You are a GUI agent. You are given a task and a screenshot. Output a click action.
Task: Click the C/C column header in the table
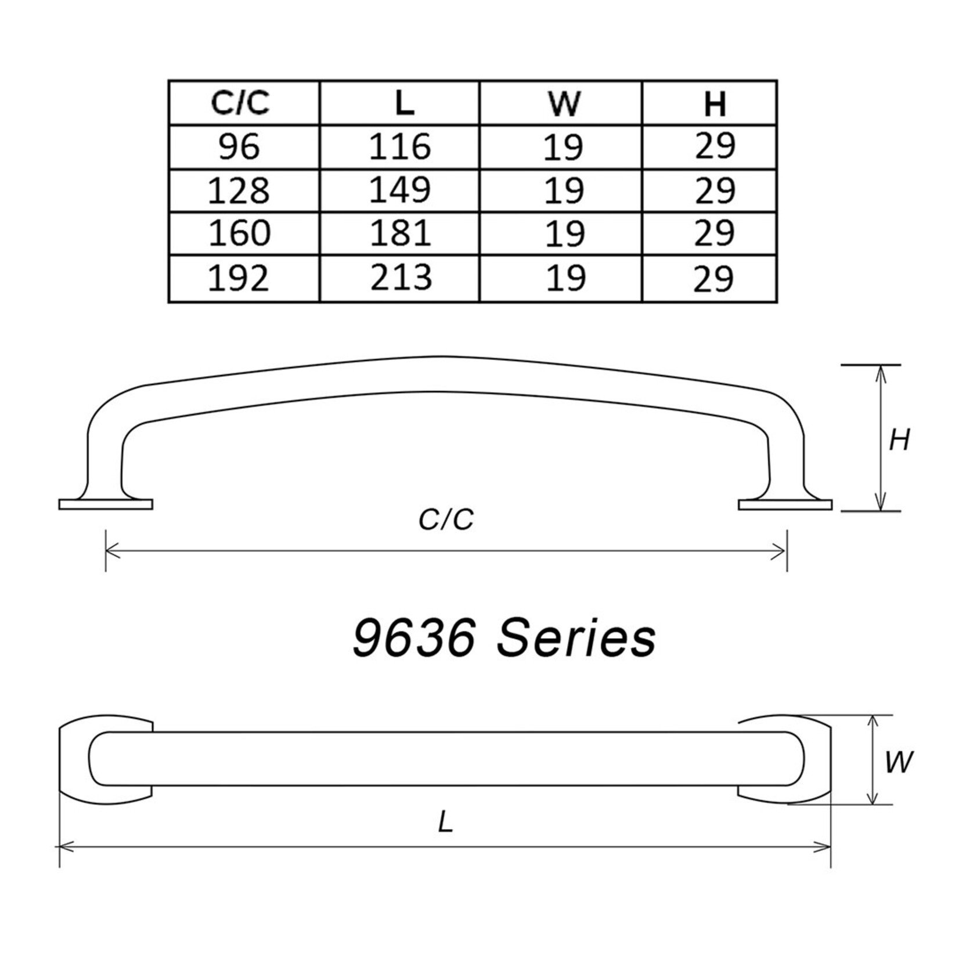tap(241, 103)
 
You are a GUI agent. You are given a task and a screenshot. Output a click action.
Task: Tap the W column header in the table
tap(563, 103)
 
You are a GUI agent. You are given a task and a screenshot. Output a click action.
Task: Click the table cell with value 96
tap(240, 146)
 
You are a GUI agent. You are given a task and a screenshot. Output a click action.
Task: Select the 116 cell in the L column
tap(401, 146)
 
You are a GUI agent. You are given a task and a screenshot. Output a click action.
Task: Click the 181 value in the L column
tap(401, 232)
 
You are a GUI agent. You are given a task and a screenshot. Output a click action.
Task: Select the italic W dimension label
tap(899, 762)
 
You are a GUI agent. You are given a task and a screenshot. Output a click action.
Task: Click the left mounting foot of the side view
tap(106, 504)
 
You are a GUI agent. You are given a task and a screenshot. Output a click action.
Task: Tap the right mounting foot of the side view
tap(785, 504)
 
